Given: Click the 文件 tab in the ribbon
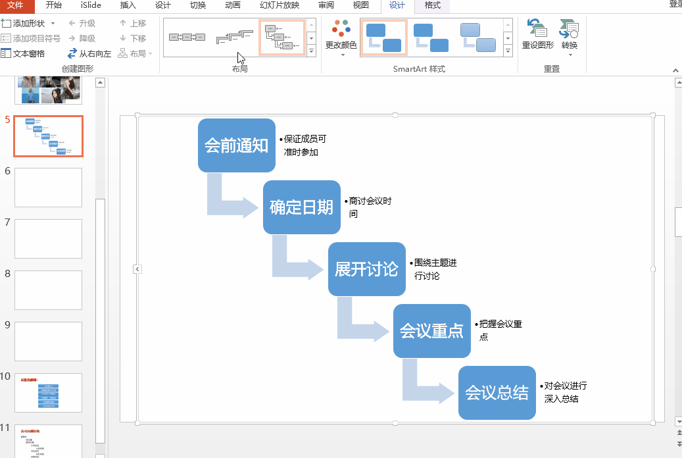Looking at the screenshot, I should [15, 5].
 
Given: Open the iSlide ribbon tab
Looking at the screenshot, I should [91, 5].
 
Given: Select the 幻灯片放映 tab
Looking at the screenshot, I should [279, 5].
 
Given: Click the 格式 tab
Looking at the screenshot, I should [432, 5].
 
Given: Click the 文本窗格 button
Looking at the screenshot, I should [24, 53].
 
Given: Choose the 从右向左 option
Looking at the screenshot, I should [89, 53].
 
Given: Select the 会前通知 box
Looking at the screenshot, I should [236, 145].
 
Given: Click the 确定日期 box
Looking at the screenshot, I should [301, 207].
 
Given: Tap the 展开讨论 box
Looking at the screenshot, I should [366, 269].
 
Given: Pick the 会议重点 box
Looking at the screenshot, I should [431, 331].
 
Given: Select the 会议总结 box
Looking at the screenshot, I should [497, 393].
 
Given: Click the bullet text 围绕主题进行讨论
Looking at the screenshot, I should [435, 269].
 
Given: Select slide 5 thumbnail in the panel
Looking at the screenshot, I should [49, 136].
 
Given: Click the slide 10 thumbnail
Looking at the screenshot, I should [49, 393].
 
